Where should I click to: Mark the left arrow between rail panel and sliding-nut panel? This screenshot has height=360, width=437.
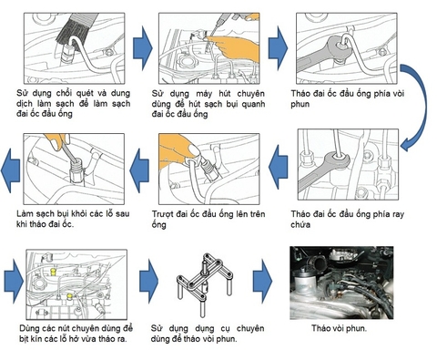click(x=279, y=165)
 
